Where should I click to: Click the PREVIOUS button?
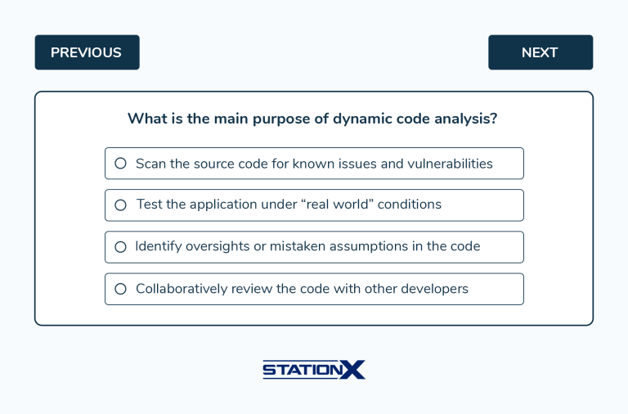pos(87,52)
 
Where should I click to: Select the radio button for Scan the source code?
pos(120,164)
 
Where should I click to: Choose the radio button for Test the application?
pos(120,205)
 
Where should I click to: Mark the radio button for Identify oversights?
pos(120,247)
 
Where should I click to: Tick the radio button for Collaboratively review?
pos(120,289)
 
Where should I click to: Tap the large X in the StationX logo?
pos(352,370)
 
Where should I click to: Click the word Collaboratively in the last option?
pos(182,289)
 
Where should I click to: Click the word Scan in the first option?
pos(150,164)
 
